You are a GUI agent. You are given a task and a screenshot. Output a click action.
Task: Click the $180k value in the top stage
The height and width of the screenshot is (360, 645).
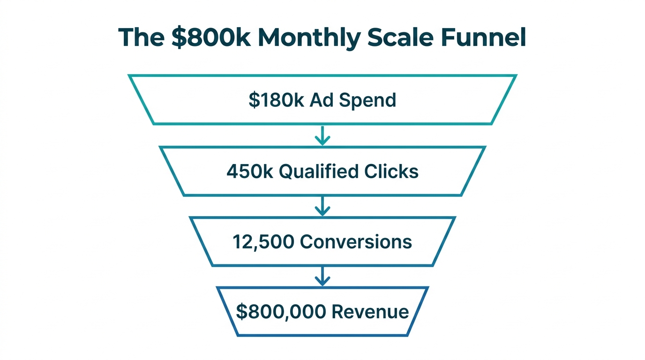tap(277, 100)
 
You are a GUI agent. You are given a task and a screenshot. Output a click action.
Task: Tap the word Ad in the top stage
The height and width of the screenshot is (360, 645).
tap(321, 100)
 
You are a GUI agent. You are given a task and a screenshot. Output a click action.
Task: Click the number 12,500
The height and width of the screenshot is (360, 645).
tap(263, 242)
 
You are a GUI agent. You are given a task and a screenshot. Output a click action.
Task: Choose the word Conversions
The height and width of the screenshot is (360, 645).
tap(356, 242)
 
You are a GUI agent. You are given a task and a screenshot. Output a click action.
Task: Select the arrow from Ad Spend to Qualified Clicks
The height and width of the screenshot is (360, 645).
tap(322, 135)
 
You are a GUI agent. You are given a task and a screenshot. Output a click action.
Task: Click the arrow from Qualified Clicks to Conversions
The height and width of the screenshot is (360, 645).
tap(322, 206)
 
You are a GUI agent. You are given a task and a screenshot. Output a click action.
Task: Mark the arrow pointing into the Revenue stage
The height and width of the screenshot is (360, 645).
tap(322, 277)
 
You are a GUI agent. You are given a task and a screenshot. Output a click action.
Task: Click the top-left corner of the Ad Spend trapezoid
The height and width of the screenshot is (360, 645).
tap(129, 75)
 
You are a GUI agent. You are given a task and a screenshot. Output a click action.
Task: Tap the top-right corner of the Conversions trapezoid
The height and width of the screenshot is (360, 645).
tap(454, 217)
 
